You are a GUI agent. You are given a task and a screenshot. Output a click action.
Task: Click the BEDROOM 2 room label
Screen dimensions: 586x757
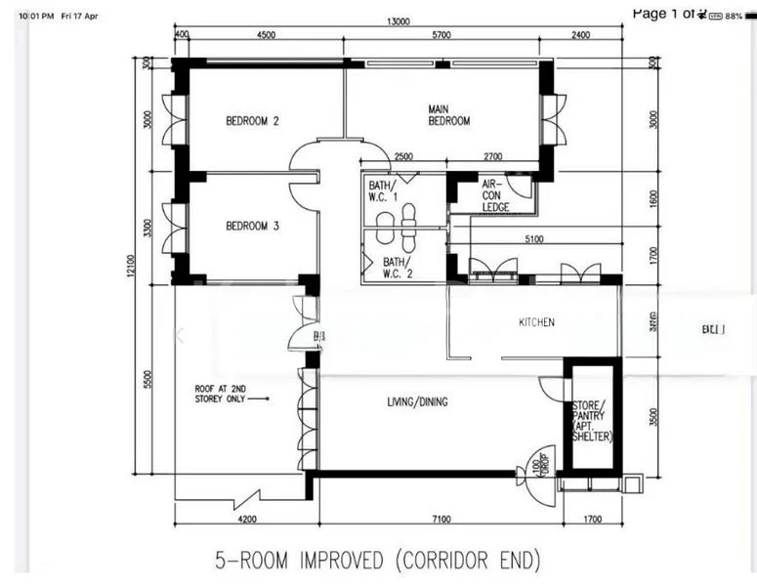253,122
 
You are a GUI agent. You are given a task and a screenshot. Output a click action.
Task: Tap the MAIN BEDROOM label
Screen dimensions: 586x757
448,115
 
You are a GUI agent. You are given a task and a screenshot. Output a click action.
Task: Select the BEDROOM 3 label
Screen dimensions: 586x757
253,227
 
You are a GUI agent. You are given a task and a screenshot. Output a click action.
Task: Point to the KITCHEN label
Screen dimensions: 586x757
536,322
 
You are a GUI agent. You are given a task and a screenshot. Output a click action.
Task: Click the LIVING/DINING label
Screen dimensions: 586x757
416,401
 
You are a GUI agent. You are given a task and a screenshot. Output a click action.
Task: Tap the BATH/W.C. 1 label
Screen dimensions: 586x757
384,190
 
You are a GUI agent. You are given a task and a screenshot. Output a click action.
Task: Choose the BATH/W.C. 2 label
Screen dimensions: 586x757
396,268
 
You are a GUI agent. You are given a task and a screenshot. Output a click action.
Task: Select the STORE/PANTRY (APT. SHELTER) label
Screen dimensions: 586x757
590,421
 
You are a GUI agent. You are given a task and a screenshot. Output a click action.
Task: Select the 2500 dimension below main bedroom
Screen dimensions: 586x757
403,156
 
